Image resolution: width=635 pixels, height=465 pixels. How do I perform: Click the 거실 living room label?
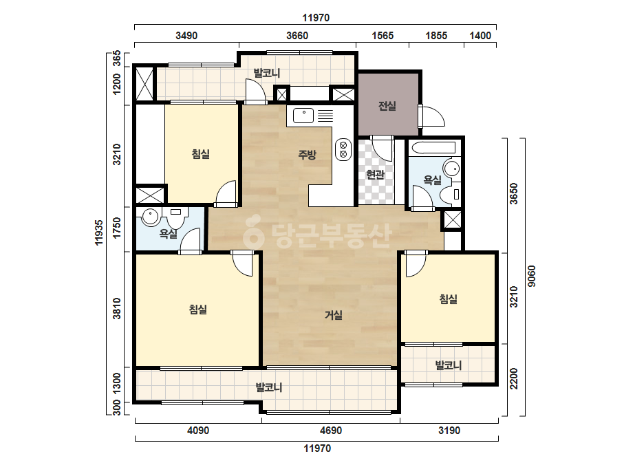(333, 315)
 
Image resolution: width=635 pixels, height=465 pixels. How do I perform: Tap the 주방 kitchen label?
(307, 154)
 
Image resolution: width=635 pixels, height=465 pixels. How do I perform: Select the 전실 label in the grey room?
(387, 106)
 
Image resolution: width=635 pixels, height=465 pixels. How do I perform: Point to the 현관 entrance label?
(375, 175)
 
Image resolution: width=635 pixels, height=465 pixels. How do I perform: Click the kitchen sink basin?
(303, 115)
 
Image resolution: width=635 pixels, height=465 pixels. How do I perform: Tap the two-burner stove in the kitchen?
(343, 149)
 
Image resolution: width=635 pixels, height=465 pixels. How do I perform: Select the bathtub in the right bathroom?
(432, 147)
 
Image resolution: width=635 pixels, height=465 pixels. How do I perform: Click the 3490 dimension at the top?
(186, 36)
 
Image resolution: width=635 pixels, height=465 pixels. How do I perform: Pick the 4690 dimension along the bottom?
(331, 430)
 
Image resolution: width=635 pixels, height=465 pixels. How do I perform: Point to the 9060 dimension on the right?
(531, 276)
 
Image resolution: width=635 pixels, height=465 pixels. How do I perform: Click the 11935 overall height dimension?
(99, 232)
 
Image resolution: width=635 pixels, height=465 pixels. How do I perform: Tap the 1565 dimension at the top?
(383, 36)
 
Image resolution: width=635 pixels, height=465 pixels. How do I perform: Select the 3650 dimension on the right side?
(513, 193)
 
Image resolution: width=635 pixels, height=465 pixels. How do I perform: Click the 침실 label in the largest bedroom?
(198, 310)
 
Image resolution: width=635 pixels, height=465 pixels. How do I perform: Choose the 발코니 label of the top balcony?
(267, 74)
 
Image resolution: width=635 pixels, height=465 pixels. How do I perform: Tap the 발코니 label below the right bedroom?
(449, 365)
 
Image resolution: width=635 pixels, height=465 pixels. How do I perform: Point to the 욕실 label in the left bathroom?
(168, 234)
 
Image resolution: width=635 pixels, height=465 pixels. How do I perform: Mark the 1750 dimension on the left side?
(117, 228)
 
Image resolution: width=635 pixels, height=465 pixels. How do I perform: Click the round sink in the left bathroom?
(150, 217)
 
